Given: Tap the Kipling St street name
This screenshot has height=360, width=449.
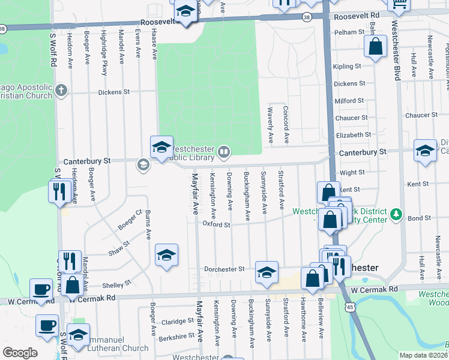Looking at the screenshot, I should click(349, 66).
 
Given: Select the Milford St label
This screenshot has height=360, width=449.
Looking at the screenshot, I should click(349, 101).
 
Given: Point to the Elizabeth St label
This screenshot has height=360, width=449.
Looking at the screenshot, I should click(354, 135).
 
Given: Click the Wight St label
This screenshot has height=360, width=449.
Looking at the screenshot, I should click(352, 172).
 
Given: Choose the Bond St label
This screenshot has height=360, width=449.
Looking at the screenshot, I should click(419, 218).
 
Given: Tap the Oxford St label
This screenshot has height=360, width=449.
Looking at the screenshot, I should click(217, 225).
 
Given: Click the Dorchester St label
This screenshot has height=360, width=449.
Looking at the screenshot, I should click(224, 269).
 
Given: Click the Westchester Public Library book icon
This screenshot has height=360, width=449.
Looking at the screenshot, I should click(223, 152).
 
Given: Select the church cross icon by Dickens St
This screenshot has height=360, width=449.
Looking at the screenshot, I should click(60, 91).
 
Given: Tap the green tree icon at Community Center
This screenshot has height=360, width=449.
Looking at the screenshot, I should click(395, 214).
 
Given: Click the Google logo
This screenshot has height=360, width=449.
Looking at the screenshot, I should click(20, 353).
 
